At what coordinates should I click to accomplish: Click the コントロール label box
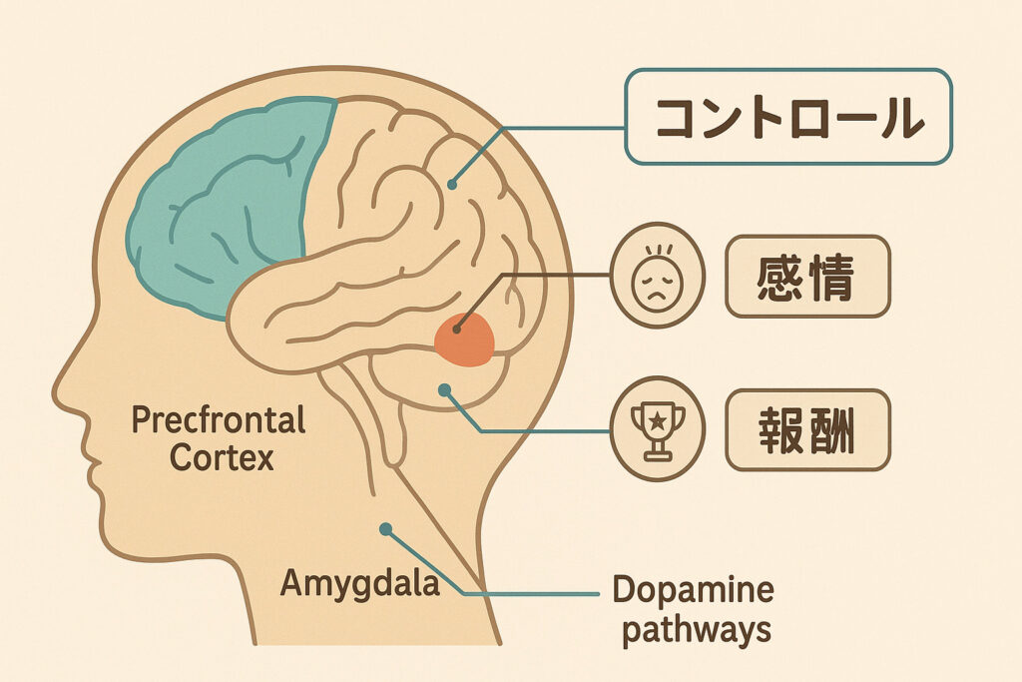tap(788, 117)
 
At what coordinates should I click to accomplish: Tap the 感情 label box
tap(807, 277)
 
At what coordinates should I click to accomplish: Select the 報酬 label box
tap(807, 429)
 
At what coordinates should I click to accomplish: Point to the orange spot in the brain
tap(465, 340)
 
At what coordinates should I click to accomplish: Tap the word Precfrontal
tap(219, 420)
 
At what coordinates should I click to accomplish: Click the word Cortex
tap(222, 457)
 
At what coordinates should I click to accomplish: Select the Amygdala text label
tap(359, 582)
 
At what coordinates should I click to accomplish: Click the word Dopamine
tap(694, 590)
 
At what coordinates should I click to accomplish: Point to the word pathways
tap(697, 630)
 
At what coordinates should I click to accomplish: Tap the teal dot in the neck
tap(386, 529)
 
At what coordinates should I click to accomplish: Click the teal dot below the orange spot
tap(444, 389)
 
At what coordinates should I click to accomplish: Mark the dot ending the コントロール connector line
tap(452, 185)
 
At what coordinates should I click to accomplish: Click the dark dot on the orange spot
tap(457, 330)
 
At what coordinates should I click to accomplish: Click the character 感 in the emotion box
tap(779, 278)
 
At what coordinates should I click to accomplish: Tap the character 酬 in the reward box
tap(831, 430)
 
